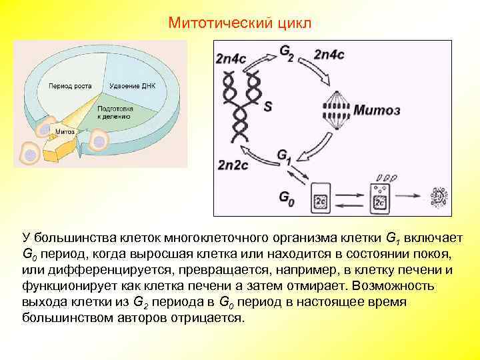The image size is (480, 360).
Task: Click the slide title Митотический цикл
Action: [x=239, y=23]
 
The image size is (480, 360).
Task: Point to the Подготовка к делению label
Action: [x=115, y=112]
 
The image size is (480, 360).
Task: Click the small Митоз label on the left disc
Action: [x=65, y=131]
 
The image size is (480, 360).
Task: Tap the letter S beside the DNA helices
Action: [x=268, y=106]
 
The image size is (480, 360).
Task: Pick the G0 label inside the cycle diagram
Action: [x=285, y=198]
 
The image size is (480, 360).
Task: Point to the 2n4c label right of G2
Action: [x=329, y=55]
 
